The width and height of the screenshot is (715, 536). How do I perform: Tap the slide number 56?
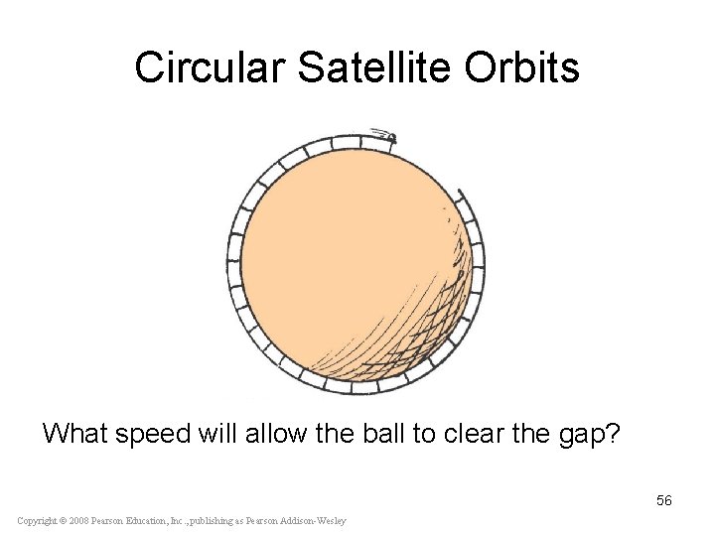663,500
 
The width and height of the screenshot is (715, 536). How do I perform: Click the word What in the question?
76,434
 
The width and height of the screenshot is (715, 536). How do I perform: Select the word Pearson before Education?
113,521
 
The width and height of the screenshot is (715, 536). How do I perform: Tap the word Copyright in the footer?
36,521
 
